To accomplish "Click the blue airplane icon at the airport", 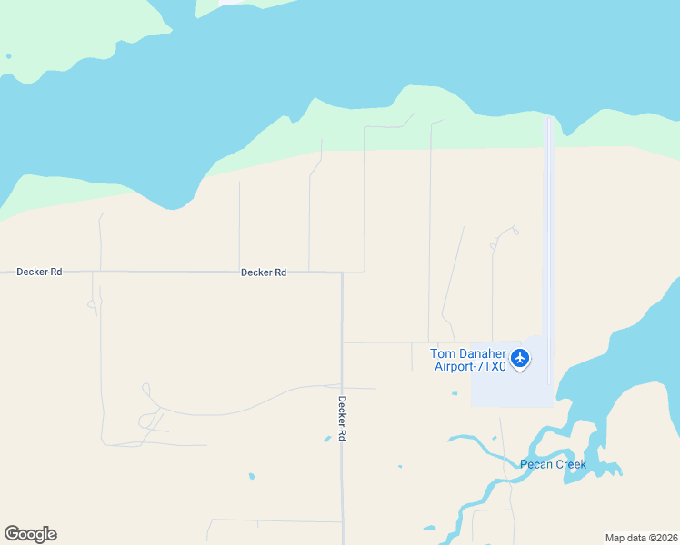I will (520, 358).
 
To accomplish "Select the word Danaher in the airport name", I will (479, 353).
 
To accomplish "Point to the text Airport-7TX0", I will (469, 367).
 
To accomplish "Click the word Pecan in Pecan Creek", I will (536, 465).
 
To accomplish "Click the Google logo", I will (30, 534).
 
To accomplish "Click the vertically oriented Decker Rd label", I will (343, 418).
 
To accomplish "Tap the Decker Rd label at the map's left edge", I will (39, 272).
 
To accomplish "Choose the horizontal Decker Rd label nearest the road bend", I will (264, 272).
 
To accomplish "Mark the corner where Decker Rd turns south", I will (342, 272).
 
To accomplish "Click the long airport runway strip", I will (548, 227).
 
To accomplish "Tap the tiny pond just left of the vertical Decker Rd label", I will (327, 440).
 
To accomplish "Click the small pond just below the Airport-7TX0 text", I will (455, 393).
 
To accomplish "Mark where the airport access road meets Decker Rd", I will (343, 342).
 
